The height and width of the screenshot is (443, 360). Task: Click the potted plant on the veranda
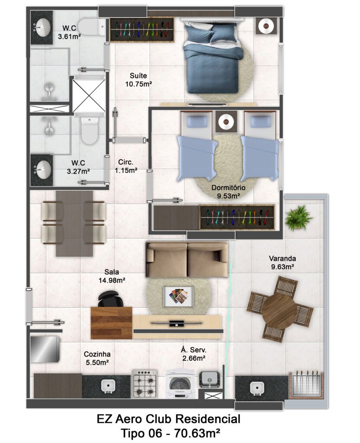pyautogui.click(x=298, y=218)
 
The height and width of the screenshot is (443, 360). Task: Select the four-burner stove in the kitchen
pyautogui.click(x=145, y=383)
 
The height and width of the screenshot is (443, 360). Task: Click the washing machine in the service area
pyautogui.click(x=180, y=384)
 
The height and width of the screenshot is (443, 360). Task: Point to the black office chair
pyautogui.click(x=110, y=299)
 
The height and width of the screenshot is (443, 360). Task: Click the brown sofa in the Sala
pyautogui.click(x=187, y=259)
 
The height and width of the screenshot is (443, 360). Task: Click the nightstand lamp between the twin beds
pyautogui.click(x=225, y=122)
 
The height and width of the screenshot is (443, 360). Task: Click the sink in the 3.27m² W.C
pyautogui.click(x=43, y=170)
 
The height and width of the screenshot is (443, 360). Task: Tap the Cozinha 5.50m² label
pyautogui.click(x=97, y=358)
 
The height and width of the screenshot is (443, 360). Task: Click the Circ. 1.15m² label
pyautogui.click(x=126, y=166)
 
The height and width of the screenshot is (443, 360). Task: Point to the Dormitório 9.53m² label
pyautogui.click(x=228, y=192)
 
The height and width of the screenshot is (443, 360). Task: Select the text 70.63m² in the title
pyautogui.click(x=197, y=433)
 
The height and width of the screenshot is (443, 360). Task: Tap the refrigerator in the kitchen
pyautogui.click(x=45, y=349)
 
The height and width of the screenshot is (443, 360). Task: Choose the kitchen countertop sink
pyautogui.click(x=108, y=386)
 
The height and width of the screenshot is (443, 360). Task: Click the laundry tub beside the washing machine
pyautogui.click(x=209, y=379)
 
